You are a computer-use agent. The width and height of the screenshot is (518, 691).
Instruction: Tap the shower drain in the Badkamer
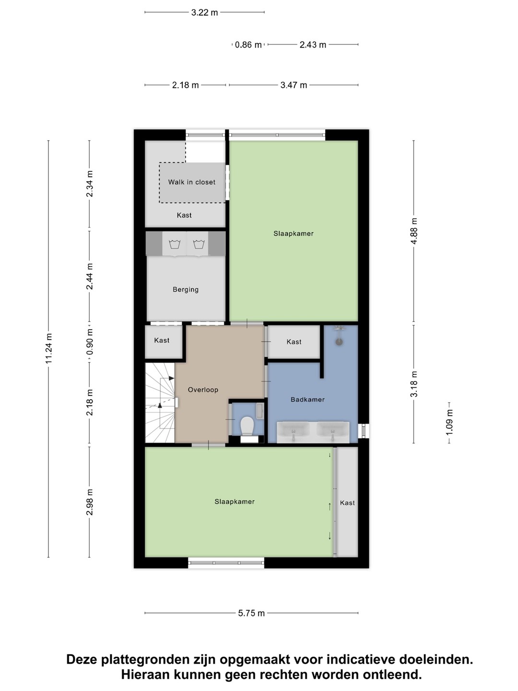[x=339, y=342]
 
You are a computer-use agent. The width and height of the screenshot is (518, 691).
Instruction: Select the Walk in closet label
[x=191, y=182]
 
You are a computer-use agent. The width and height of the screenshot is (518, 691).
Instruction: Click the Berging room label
[x=186, y=290]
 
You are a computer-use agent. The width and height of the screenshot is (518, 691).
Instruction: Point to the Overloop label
[x=203, y=390]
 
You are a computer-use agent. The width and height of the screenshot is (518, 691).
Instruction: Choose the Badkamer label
[x=307, y=400]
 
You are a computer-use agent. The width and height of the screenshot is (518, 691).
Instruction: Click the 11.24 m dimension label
[x=48, y=348]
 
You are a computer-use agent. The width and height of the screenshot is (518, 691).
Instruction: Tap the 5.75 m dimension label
[x=251, y=613]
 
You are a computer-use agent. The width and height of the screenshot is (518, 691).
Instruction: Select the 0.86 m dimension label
[x=248, y=45]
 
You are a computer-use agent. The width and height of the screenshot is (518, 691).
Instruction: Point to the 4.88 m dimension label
[x=414, y=231]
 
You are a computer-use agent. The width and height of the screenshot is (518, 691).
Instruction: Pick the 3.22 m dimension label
[x=204, y=12]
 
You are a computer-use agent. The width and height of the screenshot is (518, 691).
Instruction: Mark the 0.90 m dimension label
[x=90, y=342]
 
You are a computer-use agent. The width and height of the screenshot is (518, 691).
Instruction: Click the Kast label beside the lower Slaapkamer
[x=347, y=503]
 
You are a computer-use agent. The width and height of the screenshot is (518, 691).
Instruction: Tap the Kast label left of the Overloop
[x=162, y=340]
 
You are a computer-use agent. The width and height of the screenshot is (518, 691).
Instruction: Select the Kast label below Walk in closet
[x=184, y=215]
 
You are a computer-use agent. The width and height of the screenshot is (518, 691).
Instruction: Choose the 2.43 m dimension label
[x=313, y=45]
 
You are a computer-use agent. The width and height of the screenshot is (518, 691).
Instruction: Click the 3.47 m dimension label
[x=294, y=85]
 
